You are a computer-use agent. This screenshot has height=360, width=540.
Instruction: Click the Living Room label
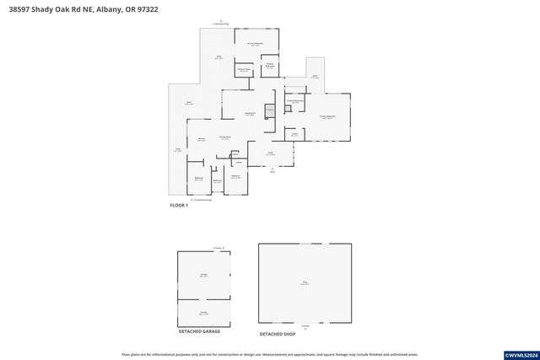[250, 114]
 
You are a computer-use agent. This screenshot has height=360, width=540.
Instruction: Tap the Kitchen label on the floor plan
[202, 139]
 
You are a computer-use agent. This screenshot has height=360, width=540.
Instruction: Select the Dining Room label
[225, 137]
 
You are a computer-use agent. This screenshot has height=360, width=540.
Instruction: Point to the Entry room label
[271, 153]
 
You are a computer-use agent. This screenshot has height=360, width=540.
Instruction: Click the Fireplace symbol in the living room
[270, 111]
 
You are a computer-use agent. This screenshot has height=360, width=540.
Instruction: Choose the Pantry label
[294, 133]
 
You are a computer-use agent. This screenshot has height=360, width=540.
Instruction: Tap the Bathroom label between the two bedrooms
[217, 180]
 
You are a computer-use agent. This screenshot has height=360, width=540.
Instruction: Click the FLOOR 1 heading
[178, 205]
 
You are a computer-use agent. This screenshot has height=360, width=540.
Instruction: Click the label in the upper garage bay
[203, 275]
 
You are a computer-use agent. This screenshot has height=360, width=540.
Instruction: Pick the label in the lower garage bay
[203, 312]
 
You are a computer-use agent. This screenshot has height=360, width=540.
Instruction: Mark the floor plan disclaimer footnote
[270, 354]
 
